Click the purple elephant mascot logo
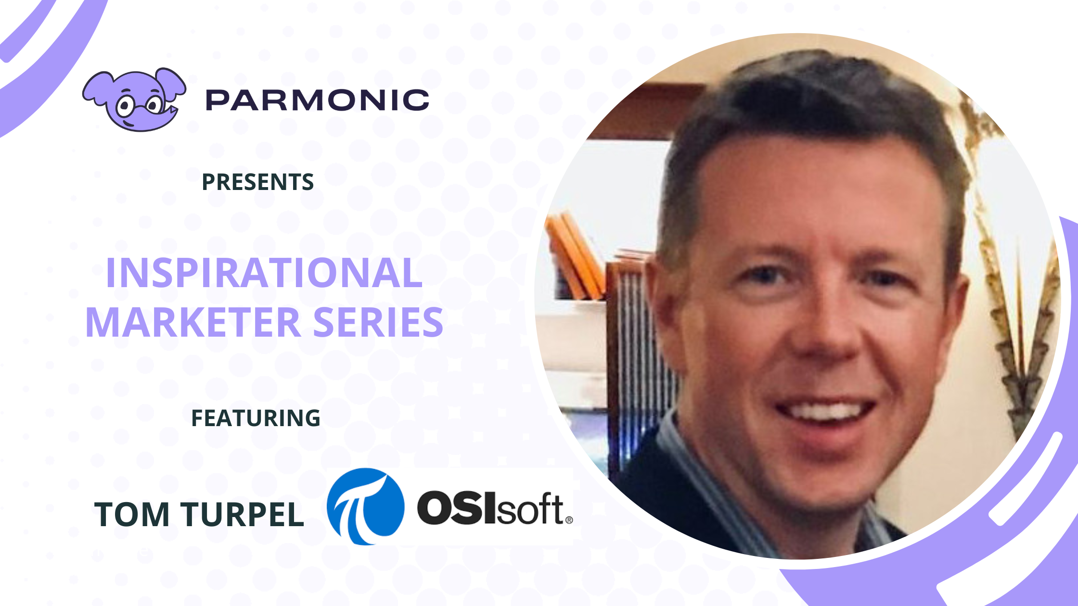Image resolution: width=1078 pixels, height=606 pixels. [134, 99]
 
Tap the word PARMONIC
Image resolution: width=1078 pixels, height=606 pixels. [317, 100]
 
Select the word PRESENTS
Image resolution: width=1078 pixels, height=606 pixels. [257, 182]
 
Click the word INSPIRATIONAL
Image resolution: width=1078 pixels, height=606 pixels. [264, 273]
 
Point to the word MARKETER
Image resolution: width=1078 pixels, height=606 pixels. [193, 322]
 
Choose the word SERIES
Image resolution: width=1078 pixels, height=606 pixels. [378, 322]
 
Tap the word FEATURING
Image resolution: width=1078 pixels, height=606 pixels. [256, 418]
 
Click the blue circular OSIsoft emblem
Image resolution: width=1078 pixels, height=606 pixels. [366, 506]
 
